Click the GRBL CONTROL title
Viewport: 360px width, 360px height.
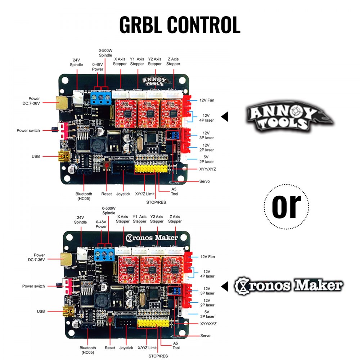tap(180, 25)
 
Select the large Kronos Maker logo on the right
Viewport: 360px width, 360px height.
tap(288, 286)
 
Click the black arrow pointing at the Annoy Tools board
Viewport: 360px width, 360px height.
tap(225, 117)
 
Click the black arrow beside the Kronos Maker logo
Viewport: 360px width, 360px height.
tap(225, 287)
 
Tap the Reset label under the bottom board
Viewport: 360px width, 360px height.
tap(110, 348)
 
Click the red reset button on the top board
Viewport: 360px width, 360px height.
tap(107, 165)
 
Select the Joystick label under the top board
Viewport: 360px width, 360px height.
tap(123, 194)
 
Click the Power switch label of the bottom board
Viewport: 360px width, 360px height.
tap(33, 286)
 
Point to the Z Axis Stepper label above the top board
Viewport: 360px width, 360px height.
tap(173, 62)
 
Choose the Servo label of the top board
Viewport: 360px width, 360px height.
tap(204, 181)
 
